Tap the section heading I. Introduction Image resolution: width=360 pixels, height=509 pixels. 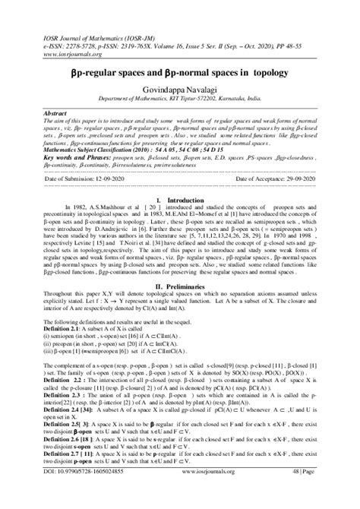tap(179, 200)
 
